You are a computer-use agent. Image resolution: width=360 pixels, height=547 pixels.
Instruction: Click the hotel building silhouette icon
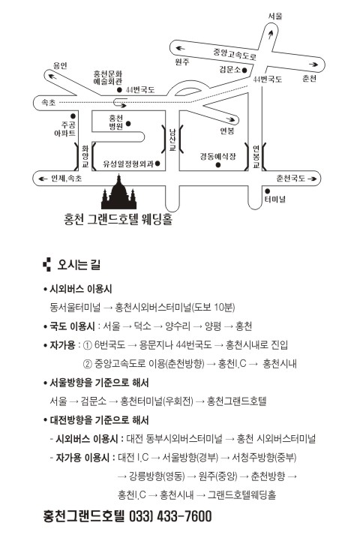119,193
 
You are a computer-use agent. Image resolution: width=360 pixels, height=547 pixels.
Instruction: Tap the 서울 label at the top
275,16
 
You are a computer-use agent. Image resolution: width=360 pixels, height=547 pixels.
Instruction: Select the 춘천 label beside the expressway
309,79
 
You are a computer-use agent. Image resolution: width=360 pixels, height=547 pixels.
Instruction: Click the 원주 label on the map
182,62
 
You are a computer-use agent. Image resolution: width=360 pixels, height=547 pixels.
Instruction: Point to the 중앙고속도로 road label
235,54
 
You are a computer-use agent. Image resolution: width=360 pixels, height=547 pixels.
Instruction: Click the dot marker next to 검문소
244,70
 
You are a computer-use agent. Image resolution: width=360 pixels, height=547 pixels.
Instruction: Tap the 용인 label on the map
60,65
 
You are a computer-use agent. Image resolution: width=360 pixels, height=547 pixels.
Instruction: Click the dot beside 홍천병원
128,123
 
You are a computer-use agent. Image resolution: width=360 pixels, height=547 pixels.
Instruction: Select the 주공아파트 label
65,129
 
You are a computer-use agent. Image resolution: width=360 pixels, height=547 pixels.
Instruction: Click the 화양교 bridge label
85,157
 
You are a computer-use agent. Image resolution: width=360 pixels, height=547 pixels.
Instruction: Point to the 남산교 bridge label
172,140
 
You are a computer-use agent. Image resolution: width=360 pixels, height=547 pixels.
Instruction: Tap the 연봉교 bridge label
256,157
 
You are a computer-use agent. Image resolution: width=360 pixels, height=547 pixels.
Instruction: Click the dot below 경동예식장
218,165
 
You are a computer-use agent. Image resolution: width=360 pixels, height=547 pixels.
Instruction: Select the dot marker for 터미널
268,191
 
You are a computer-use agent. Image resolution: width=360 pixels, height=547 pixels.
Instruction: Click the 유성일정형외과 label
128,164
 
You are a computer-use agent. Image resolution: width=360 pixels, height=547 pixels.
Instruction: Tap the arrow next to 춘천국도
312,179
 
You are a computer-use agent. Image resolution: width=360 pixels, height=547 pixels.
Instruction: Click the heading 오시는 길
79,265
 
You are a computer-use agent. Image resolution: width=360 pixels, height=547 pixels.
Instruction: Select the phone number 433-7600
184,516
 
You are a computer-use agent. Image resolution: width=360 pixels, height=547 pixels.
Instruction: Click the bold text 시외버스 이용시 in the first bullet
81,289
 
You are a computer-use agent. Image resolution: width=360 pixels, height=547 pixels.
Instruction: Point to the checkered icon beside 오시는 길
47,265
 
